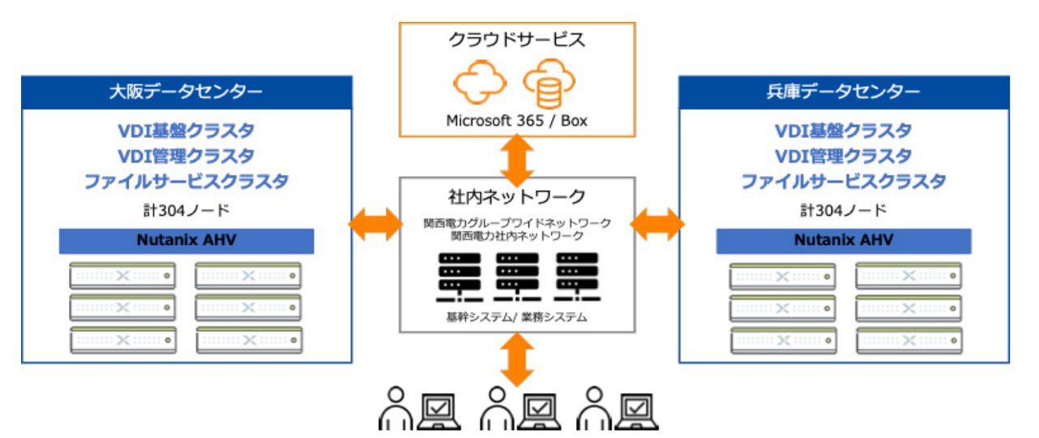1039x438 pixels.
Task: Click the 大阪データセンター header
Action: [x=186, y=92]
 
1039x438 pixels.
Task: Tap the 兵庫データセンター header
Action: [x=843, y=92]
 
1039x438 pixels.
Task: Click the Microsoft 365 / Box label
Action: [x=516, y=121]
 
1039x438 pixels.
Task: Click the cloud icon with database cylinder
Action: [x=550, y=84]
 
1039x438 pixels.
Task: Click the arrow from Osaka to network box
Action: [x=376, y=224]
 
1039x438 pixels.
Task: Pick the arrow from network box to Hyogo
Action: [x=657, y=224]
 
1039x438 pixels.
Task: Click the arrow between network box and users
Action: [x=516, y=359]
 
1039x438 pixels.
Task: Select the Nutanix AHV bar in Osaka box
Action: [x=186, y=241]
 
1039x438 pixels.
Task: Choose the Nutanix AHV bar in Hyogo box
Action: [x=843, y=241]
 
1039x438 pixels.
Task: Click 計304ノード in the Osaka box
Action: [x=186, y=210]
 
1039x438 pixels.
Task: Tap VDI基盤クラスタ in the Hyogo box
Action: [x=843, y=131]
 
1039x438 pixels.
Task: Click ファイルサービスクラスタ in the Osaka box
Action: [x=186, y=181]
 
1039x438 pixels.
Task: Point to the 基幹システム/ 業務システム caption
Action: [x=517, y=318]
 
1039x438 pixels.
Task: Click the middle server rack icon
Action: [x=517, y=277]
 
